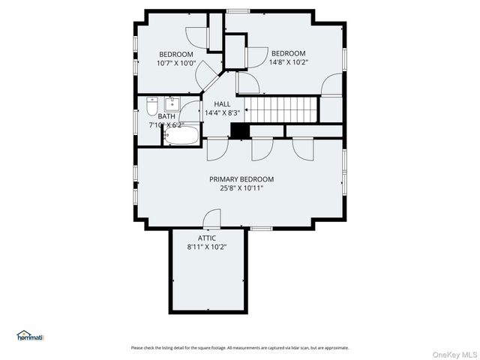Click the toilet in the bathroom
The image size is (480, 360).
pos(152,106)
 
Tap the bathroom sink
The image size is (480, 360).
pos(172,103)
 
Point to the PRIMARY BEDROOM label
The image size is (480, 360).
pos(241,179)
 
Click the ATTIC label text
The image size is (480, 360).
pos(207,238)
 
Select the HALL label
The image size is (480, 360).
pos(222,104)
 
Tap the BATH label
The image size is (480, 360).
pos(166,116)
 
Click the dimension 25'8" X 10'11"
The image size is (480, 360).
pos(241,188)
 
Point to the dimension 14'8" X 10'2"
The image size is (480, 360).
pos(288,62)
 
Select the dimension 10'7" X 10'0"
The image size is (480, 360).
pos(176,64)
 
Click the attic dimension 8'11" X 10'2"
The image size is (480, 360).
pos(207,247)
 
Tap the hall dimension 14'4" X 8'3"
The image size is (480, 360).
pos(222,113)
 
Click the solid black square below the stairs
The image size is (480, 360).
pos(239,131)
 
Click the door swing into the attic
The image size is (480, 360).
pos(212,220)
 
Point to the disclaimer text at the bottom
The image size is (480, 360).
pos(240,347)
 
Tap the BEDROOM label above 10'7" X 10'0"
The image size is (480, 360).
pos(176,54)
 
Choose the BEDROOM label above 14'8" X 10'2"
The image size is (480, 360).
pos(288,53)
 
